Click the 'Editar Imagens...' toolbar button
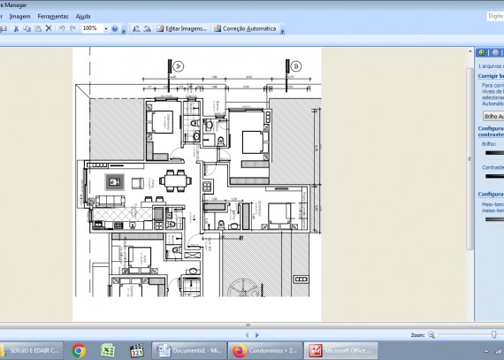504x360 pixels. (182, 28)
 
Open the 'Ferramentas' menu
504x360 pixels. (53, 16)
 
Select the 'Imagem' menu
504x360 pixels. (19, 16)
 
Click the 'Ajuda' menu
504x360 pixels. (83, 16)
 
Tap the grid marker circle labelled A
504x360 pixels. (178, 66)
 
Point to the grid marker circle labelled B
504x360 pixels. (296, 66)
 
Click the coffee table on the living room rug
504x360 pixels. (113, 182)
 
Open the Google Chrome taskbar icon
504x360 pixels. (79, 350)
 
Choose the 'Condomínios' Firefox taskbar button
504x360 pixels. (263, 350)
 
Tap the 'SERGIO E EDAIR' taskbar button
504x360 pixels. (30, 350)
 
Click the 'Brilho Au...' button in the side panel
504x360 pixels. (492, 116)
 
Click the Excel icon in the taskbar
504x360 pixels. (107, 350)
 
